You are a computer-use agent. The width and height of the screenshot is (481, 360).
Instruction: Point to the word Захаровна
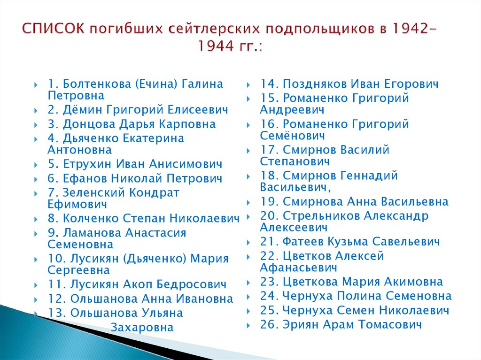tap(142, 328)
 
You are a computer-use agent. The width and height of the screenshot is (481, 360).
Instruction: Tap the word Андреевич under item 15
tap(292, 110)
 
